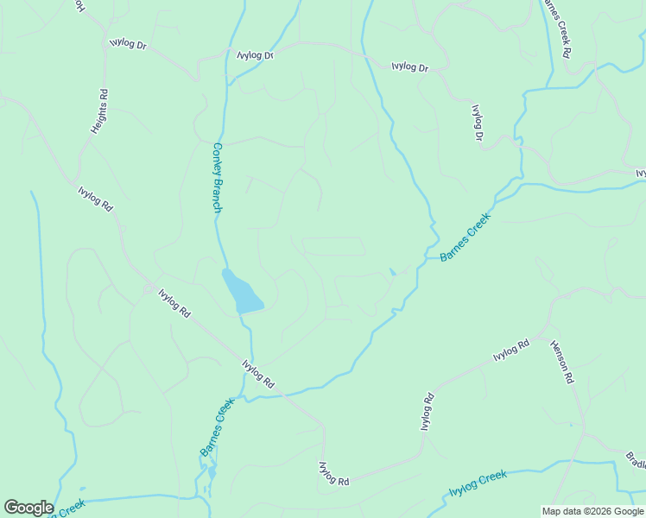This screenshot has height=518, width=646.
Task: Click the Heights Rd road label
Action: pyautogui.click(x=99, y=111)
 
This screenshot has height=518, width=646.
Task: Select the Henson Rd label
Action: pyautogui.click(x=560, y=361)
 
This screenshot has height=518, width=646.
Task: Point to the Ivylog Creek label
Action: pyautogui.click(x=478, y=483)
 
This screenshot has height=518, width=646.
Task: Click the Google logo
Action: pyautogui.click(x=28, y=508)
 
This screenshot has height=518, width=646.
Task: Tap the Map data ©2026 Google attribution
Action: pyautogui.click(x=592, y=511)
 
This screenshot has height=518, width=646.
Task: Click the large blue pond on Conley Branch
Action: pyautogui.click(x=242, y=292)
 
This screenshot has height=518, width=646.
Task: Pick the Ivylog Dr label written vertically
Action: pyautogui.click(x=477, y=123)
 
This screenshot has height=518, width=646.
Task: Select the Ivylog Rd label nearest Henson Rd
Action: pyautogui.click(x=510, y=351)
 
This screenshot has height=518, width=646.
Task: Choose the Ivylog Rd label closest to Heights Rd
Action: pyautogui.click(x=95, y=199)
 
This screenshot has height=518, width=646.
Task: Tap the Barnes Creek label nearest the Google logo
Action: pyautogui.click(x=217, y=426)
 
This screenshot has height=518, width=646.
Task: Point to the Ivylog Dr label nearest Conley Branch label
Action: pyautogui.click(x=255, y=54)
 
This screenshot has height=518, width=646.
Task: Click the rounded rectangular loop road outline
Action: pyautogui.click(x=333, y=247)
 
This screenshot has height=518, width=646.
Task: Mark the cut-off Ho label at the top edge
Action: pyautogui.click(x=79, y=7)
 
